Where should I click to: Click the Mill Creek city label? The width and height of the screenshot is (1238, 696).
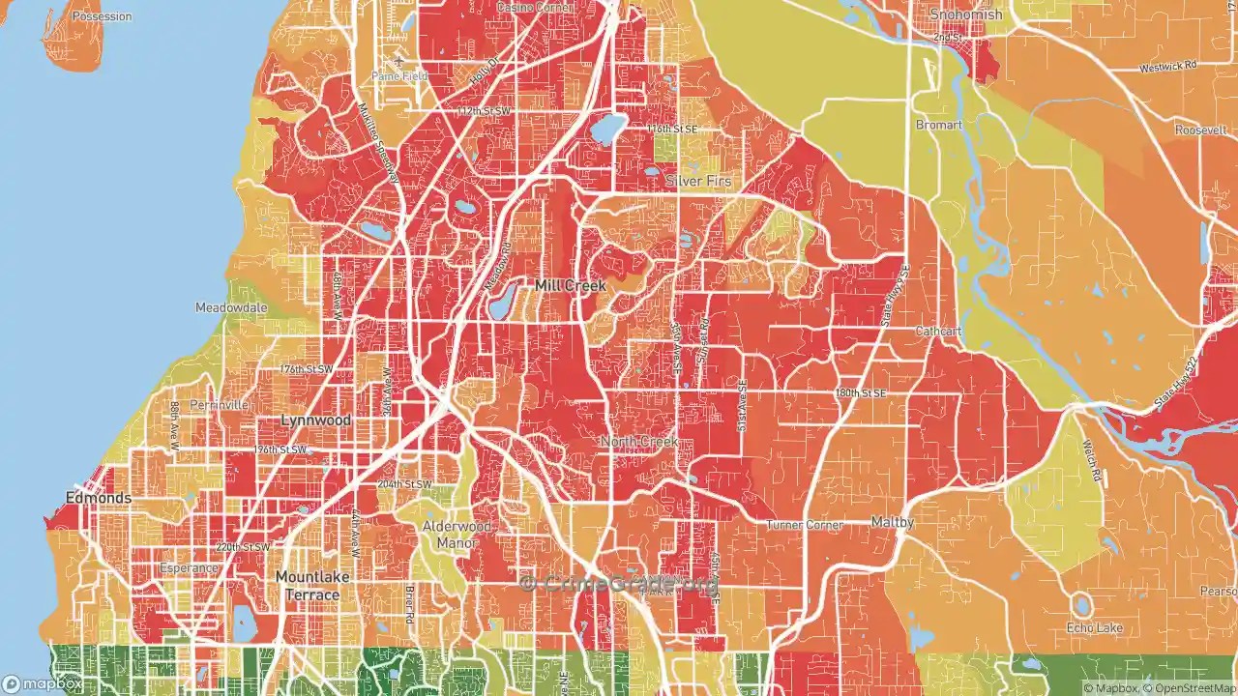tap(571, 286)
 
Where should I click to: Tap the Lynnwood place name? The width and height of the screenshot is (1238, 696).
tap(315, 420)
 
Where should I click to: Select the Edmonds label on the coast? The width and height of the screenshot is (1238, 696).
tap(98, 498)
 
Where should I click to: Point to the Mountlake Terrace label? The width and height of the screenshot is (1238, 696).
tap(312, 586)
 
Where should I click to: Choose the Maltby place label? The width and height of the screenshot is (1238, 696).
tap(892, 522)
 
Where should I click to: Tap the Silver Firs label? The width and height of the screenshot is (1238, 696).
tap(698, 181)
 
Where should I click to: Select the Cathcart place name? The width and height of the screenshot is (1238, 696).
tap(939, 331)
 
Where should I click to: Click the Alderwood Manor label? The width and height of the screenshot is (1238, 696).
tap(457, 535)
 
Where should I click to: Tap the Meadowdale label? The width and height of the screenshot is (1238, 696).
tap(231, 307)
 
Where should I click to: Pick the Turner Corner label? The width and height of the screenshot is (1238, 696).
tap(804, 525)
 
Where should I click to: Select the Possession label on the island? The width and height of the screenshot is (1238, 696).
tap(101, 17)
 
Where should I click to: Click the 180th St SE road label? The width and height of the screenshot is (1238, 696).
tap(861, 393)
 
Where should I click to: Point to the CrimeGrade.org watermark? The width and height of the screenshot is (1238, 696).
tap(619, 583)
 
